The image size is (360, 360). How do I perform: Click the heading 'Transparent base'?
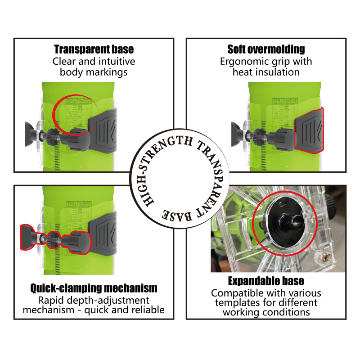tap(94, 49)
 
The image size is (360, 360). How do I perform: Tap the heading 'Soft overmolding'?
tap(266, 49)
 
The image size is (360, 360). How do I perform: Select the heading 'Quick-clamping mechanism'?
tap(94, 288)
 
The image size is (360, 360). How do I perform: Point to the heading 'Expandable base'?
tap(266, 281)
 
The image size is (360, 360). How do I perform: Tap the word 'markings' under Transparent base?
tap(107, 72)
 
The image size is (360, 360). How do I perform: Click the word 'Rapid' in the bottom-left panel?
tap(48, 301)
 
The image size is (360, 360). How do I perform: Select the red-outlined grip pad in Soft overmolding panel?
tap(309, 130)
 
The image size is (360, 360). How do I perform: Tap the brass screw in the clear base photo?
tap(325, 258)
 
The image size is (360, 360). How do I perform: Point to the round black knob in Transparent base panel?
tap(77, 139)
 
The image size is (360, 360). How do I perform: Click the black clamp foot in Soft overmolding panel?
tap(237, 134)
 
